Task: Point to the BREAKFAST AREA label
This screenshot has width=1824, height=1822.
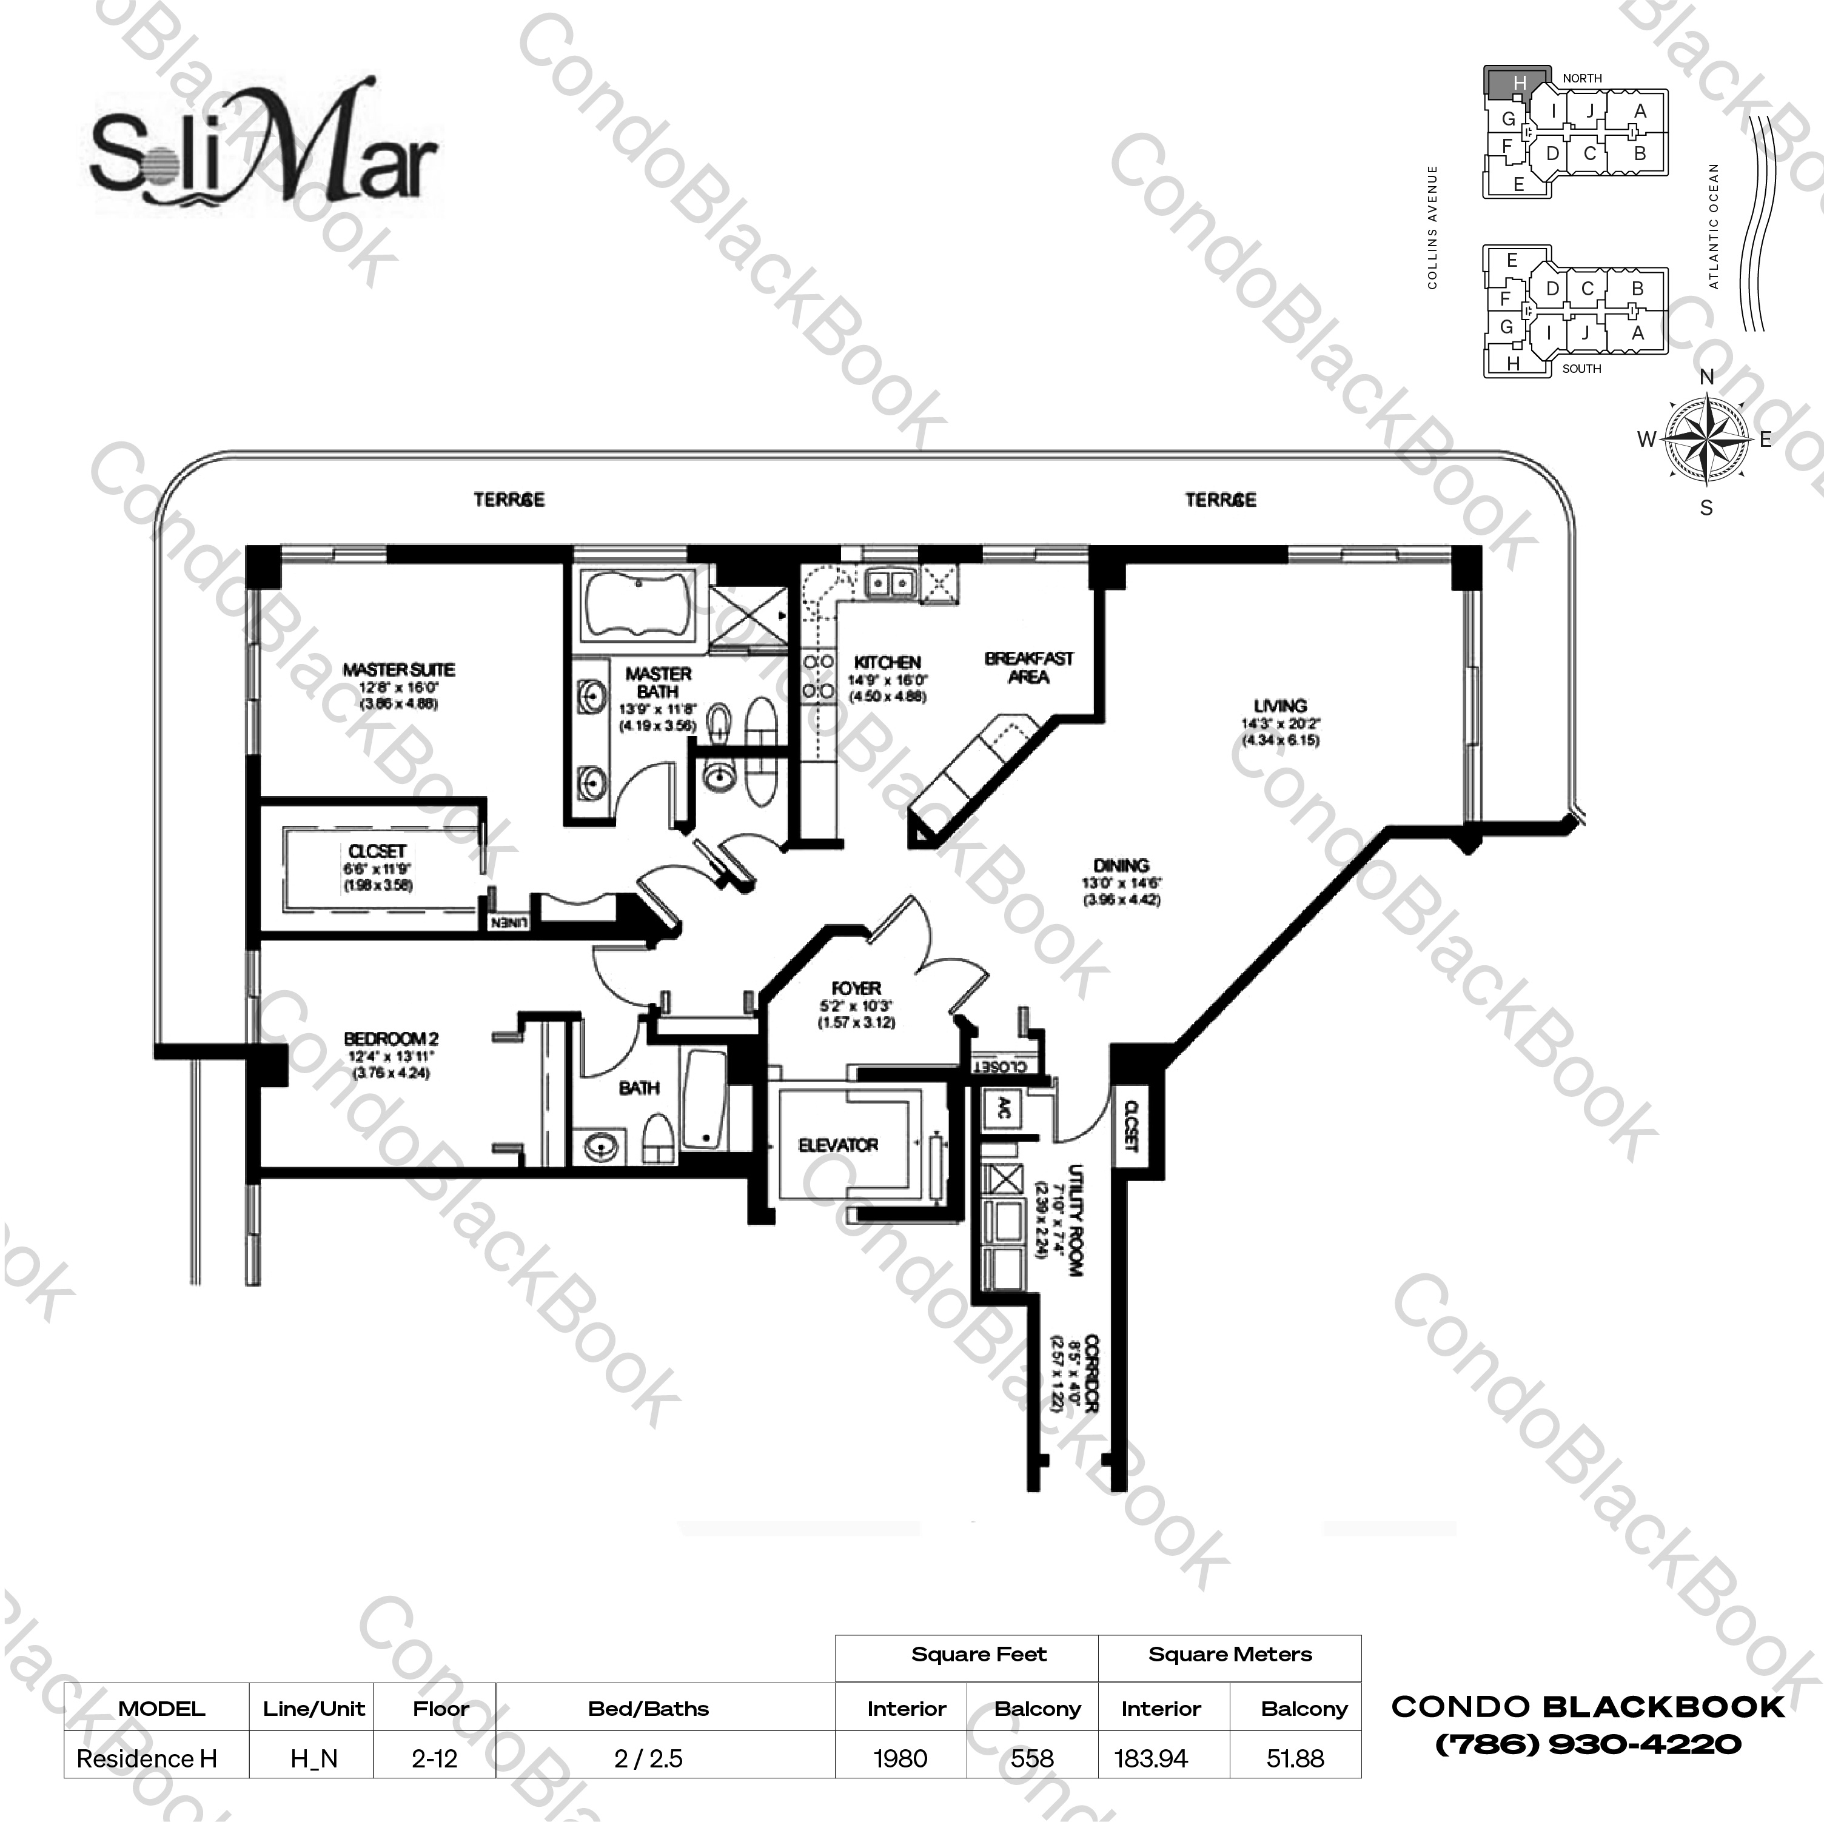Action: (x=1028, y=666)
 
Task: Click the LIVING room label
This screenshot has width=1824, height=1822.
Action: (x=1280, y=706)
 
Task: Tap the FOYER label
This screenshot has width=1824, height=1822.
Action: (x=856, y=988)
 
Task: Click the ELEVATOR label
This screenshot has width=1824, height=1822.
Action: (x=839, y=1145)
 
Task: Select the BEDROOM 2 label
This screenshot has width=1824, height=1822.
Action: (x=391, y=1039)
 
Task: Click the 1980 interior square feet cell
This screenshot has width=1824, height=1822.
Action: (x=900, y=1759)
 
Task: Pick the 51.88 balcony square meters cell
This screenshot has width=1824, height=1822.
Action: (x=1295, y=1759)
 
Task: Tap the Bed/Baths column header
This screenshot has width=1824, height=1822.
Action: (x=648, y=1709)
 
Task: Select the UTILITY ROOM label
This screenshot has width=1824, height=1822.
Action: (x=1075, y=1221)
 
